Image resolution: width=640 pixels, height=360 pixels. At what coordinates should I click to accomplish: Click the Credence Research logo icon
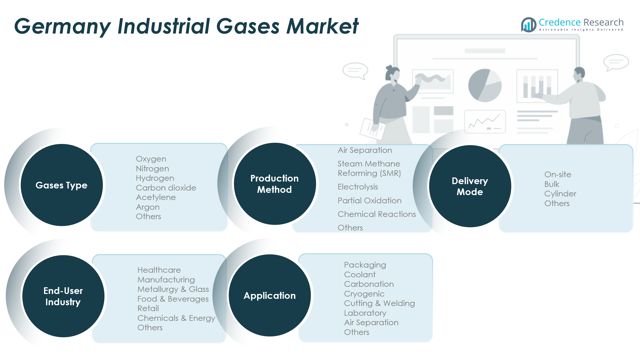coord(528,25)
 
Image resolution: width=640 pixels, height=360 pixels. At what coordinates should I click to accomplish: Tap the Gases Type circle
coord(62,185)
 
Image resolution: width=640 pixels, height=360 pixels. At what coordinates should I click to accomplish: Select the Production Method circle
coord(275,184)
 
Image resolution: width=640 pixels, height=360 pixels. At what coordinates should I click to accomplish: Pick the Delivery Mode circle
coord(470,186)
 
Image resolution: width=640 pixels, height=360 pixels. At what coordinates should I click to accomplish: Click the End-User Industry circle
coord(63,296)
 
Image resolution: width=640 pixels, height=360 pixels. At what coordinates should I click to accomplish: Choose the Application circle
coord(270,295)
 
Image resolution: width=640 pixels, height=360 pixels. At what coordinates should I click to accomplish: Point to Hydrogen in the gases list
coord(155,178)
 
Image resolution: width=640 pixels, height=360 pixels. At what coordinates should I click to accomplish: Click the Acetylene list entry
coord(156,197)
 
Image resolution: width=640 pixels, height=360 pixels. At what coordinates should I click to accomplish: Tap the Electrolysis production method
coord(358,187)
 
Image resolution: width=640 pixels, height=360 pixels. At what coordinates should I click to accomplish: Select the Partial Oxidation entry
coord(369,200)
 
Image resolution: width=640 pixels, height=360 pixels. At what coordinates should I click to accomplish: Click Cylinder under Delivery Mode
coord(560,194)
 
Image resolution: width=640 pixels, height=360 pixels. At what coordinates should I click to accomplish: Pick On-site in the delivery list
coord(558,175)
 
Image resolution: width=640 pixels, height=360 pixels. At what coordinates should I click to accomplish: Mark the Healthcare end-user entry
coord(159,270)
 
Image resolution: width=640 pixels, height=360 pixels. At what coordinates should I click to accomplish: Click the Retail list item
coord(148,309)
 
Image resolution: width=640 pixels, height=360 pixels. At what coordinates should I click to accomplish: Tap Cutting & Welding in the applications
coord(379,303)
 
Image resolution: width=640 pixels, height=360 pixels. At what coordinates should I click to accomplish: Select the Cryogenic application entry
coord(364,294)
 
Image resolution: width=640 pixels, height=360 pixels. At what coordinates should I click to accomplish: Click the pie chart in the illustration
coord(485,85)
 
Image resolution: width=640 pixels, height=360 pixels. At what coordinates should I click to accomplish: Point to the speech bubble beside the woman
coord(355,70)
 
